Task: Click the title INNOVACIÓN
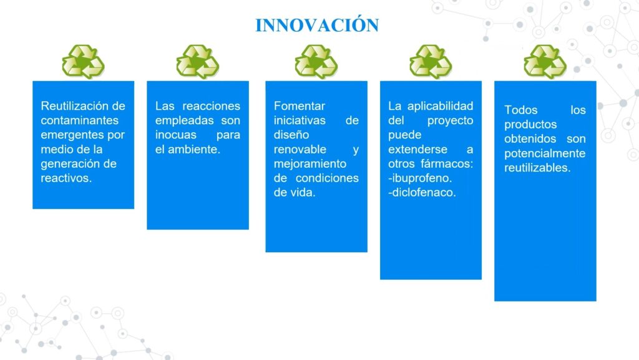317,24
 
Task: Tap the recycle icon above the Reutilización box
83,62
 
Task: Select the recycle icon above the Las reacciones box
198,62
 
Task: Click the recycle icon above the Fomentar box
316,62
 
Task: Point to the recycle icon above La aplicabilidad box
431,62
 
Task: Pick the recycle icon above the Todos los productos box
545,62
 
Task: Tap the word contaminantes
80,120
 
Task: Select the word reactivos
66,178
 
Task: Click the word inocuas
175,135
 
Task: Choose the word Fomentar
300,106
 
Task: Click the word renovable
300,150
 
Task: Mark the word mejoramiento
310,163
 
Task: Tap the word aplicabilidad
440,106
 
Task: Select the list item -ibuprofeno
420,178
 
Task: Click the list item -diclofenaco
422,193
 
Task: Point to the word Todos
521,110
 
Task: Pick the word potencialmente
545,153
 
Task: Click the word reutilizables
537,168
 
